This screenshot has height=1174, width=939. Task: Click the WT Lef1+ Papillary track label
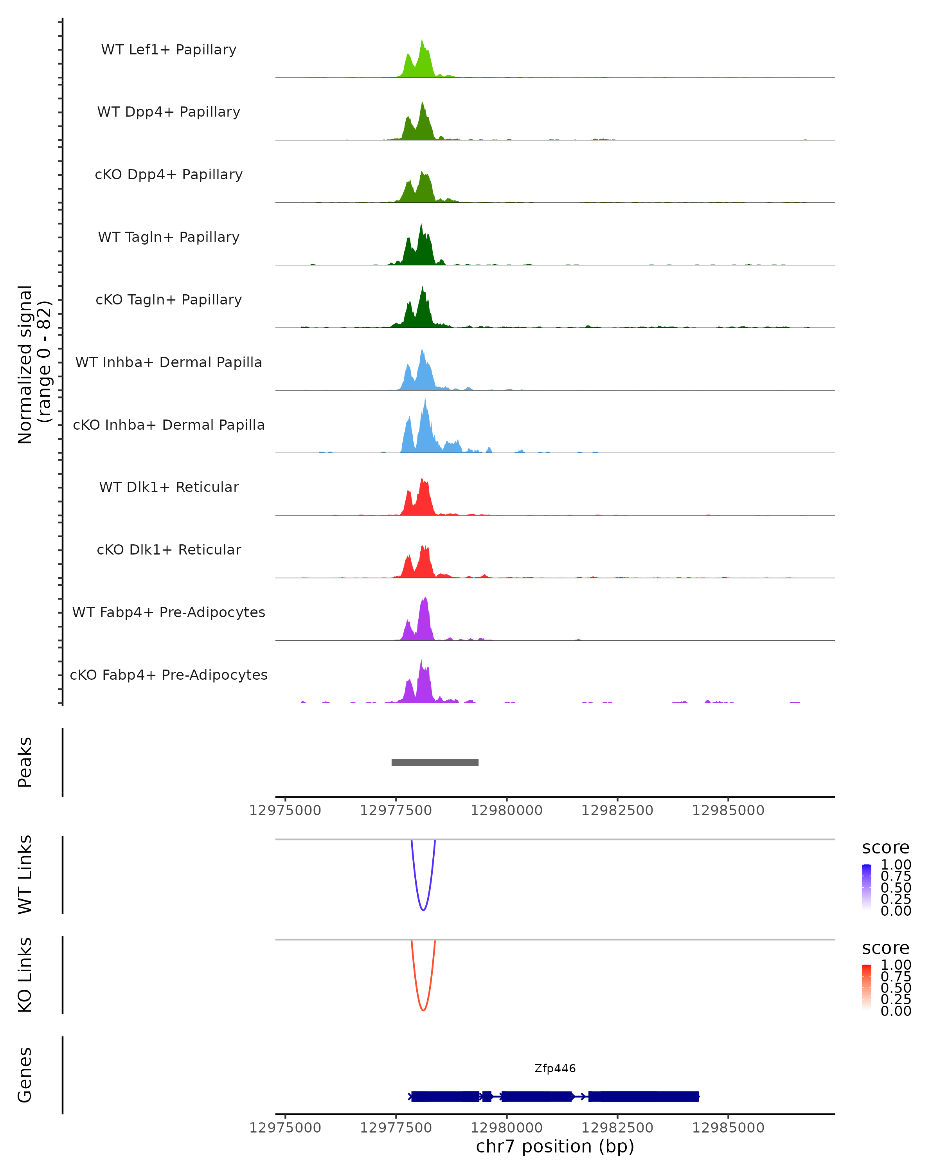(169, 50)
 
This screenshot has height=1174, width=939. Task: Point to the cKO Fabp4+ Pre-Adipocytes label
(169, 675)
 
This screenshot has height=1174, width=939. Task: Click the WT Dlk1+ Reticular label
(169, 487)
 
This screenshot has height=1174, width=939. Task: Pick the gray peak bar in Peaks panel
(435, 762)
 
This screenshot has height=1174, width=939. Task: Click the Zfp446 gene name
(555, 1068)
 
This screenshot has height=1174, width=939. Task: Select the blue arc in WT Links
(423, 909)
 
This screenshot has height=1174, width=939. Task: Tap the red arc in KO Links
(423, 1010)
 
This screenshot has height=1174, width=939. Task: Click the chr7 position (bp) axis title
(555, 1146)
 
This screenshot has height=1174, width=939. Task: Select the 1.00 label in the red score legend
(896, 964)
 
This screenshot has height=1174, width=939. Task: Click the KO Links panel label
(25, 975)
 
